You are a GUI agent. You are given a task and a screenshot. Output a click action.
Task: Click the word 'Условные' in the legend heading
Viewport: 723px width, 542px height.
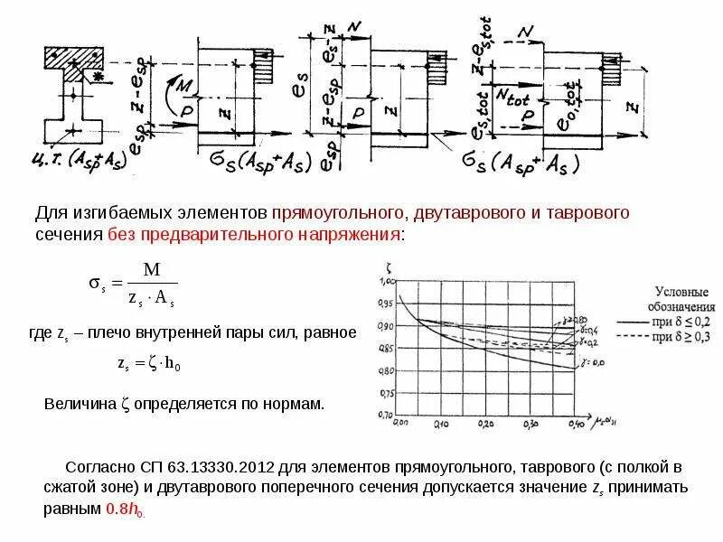(681, 291)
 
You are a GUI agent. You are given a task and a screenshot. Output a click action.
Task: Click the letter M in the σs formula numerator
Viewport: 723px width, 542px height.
(151, 270)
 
